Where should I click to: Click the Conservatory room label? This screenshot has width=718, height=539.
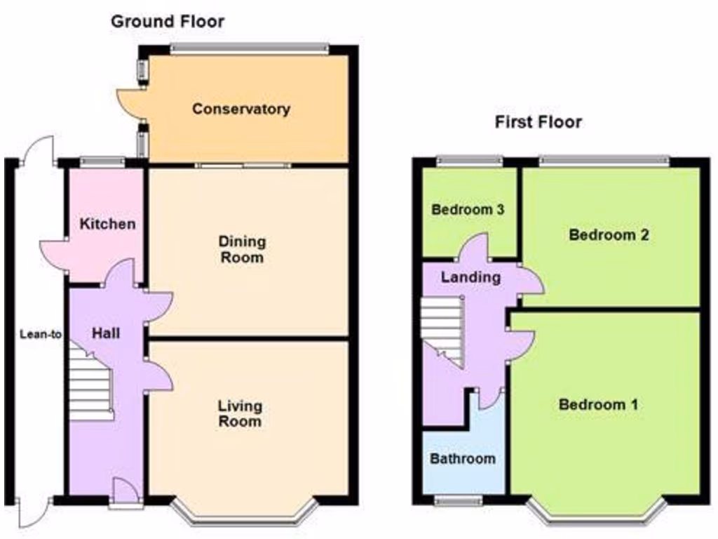[241, 109]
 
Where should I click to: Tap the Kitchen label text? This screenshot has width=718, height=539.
[107, 225]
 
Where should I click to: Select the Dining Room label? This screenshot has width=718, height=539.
[243, 249]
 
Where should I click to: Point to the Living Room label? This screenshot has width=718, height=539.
[240, 413]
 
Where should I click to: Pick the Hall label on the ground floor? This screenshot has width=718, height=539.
[105, 333]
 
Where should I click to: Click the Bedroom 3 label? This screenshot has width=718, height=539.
[468, 210]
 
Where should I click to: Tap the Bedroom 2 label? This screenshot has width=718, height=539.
[608, 235]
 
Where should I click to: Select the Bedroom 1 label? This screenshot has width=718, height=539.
[598, 404]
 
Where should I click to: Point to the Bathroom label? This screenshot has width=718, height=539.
[463, 459]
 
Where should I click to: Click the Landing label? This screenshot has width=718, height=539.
[470, 277]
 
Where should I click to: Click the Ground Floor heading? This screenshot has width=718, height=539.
[168, 22]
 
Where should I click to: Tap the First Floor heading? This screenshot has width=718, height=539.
[538, 122]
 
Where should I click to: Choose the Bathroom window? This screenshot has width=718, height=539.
[458, 500]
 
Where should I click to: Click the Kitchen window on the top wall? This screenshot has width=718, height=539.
[102, 162]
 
